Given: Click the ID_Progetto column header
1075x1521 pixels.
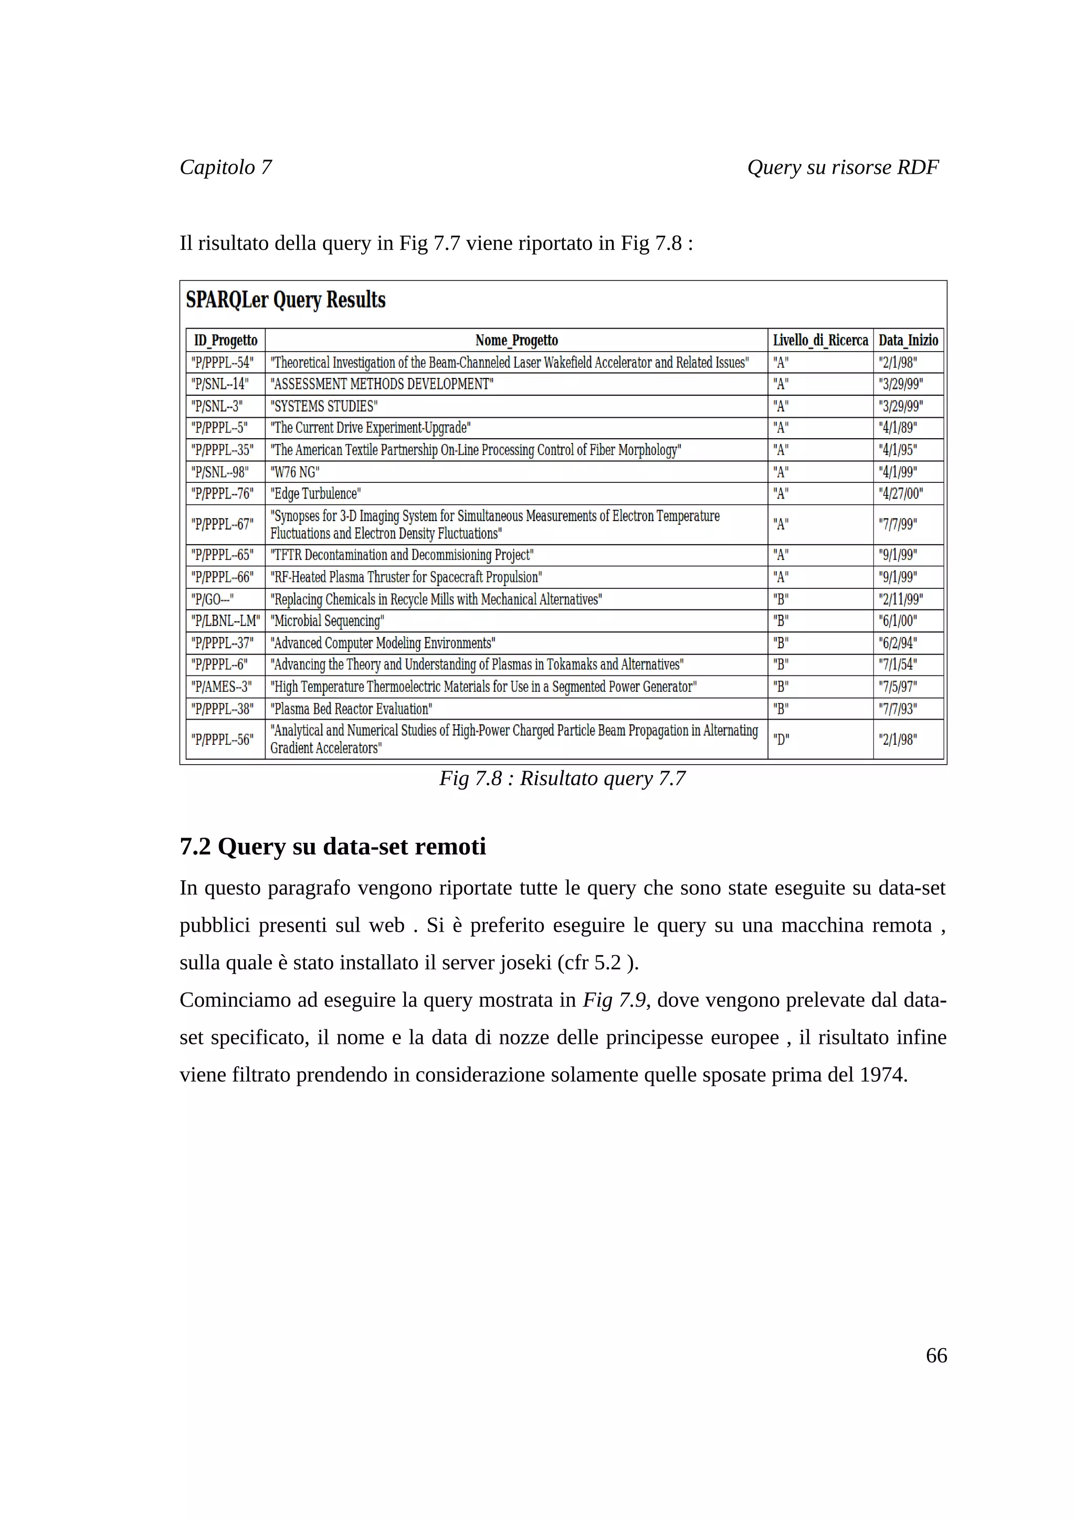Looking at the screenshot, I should [225, 341].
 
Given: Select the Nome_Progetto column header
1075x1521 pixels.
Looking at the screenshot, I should [516, 341].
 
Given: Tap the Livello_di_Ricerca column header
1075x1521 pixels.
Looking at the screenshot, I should [820, 341].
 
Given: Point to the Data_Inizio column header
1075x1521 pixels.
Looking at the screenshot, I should [908, 341].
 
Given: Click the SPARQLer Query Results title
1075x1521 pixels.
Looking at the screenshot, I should [286, 300].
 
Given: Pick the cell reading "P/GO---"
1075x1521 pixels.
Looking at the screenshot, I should [213, 599].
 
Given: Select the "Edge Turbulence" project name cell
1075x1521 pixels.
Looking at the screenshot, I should [315, 493].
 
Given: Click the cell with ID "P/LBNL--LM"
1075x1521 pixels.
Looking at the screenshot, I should [225, 621].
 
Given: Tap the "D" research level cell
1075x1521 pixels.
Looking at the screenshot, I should [781, 740].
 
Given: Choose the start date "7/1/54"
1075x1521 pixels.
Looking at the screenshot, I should [898, 664].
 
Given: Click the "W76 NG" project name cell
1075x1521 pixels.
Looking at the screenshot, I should [295, 472].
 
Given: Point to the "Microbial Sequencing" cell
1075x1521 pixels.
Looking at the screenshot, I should [327, 621].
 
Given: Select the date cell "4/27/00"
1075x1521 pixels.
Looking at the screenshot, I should [901, 493].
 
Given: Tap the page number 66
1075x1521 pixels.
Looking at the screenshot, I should [936, 1355].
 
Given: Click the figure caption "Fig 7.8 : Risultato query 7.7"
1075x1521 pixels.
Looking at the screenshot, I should [562, 778].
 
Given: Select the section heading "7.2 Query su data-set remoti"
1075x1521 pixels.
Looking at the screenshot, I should [332, 847].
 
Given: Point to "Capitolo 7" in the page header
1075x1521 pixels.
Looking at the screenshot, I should [226, 167].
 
